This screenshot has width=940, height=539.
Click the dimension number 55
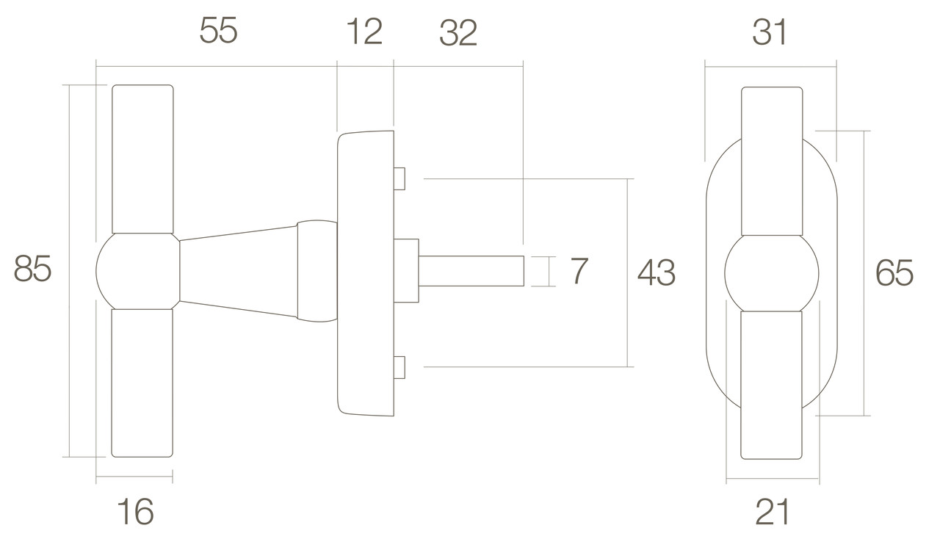coord(218,30)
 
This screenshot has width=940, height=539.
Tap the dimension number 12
coord(364,31)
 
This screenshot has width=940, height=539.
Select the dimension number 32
coord(458,33)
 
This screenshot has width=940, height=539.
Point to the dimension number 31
coord(769,32)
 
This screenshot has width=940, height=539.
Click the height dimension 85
coord(32,269)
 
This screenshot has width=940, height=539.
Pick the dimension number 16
coord(135,511)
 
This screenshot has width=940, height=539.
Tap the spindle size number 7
coord(579,271)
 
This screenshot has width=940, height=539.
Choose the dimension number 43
coord(657,272)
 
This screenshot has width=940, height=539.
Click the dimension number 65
coord(894,273)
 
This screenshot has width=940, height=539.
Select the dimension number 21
coord(772,512)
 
